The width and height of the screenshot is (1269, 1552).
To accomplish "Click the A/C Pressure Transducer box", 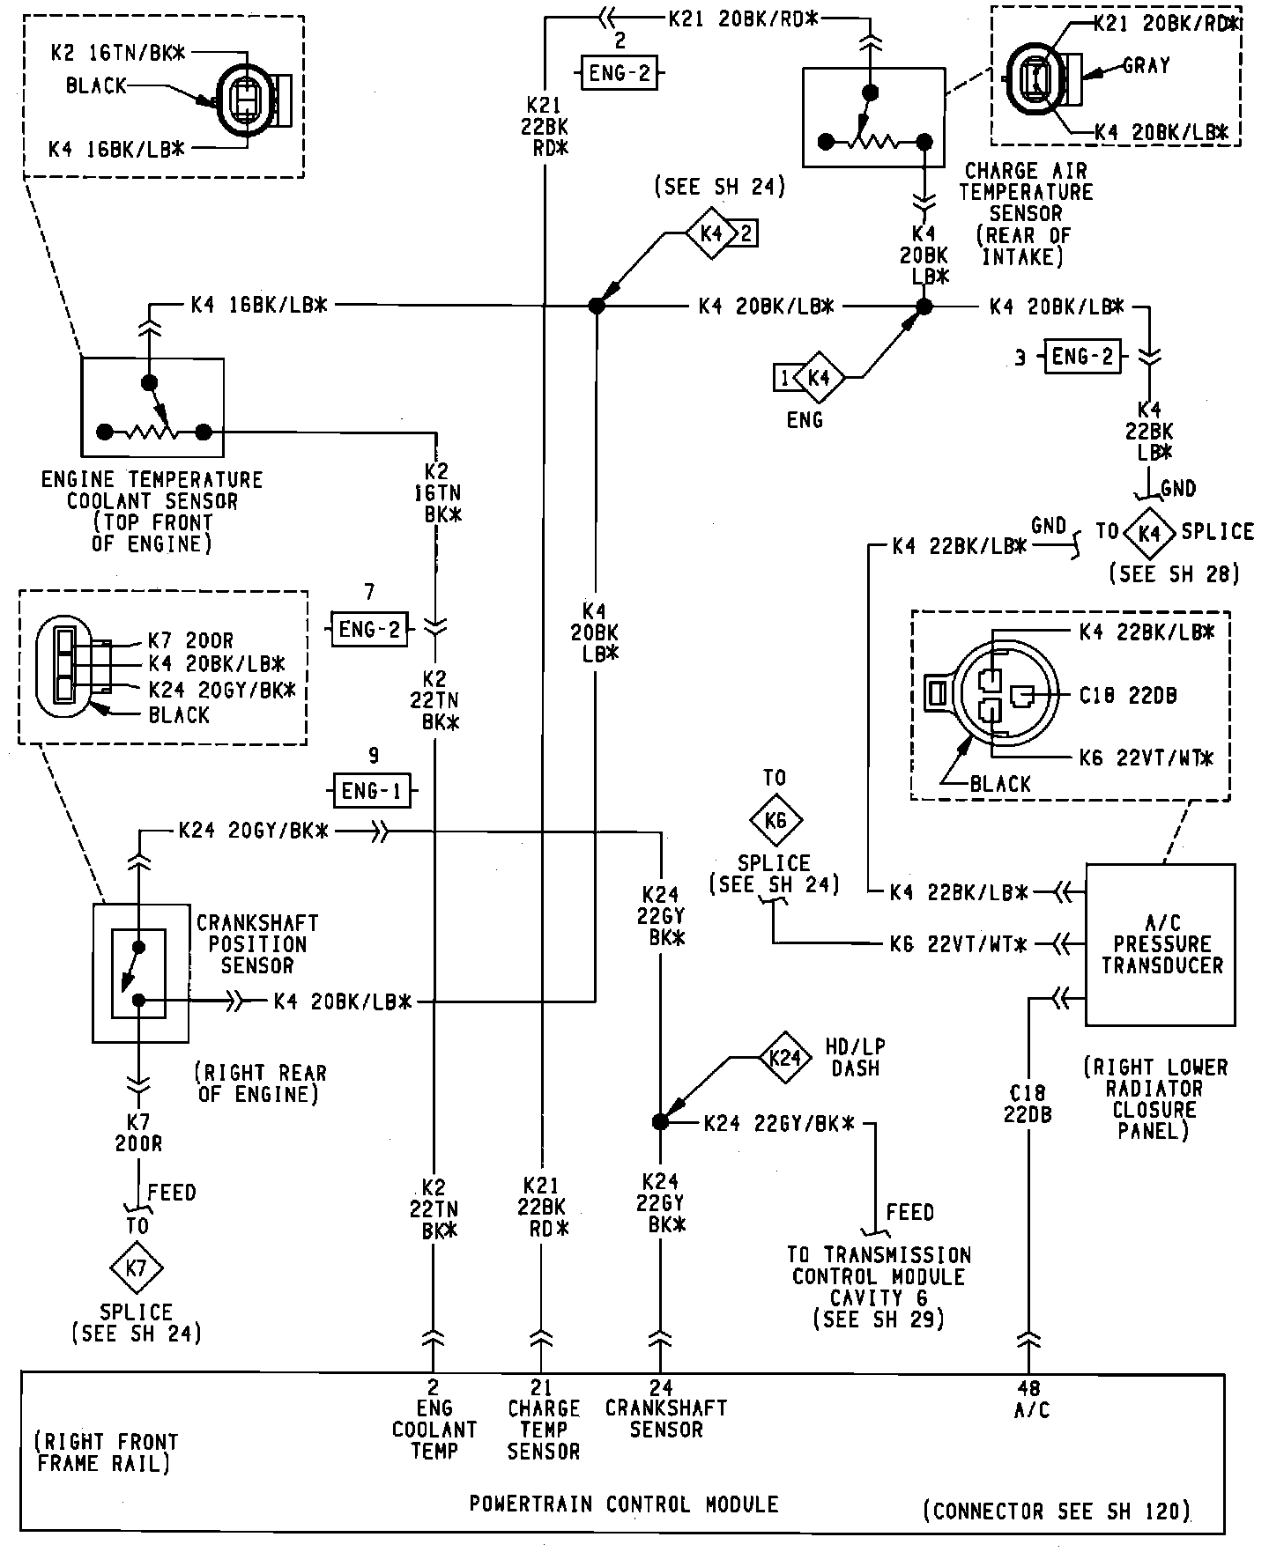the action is point(1160,944).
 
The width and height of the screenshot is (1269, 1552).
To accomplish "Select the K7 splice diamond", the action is point(137,1268).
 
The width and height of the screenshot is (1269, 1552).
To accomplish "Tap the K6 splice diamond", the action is point(775,821).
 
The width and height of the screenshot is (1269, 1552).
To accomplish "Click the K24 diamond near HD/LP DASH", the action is point(783,1057).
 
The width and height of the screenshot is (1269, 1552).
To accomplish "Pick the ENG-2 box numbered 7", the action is point(370,629).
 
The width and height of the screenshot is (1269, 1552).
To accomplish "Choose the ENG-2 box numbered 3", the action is point(1083,356).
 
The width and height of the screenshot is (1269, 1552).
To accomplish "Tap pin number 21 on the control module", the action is point(542,1389).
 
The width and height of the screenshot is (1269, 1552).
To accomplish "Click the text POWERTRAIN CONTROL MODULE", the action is point(624,1504).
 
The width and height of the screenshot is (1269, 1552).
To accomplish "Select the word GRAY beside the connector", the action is point(1146,65).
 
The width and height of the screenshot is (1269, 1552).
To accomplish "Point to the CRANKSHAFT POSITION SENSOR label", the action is point(257,944).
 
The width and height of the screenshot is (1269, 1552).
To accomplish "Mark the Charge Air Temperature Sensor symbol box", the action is point(873,117).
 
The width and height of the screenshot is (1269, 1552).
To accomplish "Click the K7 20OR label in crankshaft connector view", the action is point(190,641).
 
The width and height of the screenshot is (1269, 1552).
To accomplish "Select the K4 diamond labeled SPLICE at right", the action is point(1150,533).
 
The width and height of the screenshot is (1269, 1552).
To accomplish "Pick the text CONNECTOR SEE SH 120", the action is point(1057,1511).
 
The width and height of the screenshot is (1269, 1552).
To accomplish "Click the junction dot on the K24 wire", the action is point(660,1121).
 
